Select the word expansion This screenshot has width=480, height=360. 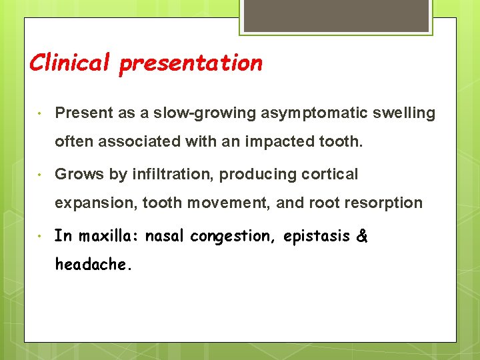95,203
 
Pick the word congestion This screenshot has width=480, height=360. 231,237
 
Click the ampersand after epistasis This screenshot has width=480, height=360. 362,236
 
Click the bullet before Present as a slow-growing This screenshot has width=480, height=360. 41,113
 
